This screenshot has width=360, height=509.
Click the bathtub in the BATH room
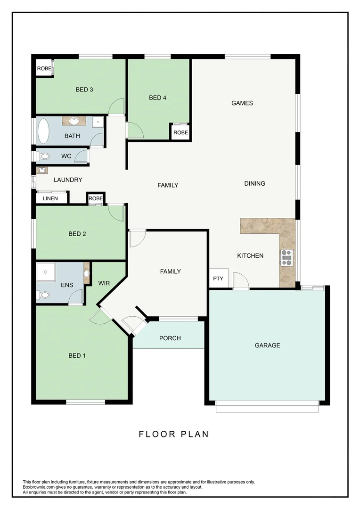(43, 131)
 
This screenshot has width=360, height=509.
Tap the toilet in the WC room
(43, 156)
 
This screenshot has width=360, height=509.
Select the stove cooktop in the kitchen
(286, 257)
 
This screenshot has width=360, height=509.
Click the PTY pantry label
(218, 279)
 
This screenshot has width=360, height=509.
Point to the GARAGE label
(267, 345)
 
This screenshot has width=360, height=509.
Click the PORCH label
(170, 338)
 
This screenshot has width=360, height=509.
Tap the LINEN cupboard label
(50, 198)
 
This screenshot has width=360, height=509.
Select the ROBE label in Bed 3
(44, 69)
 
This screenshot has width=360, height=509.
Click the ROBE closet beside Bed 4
(180, 132)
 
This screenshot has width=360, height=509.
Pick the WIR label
(104, 283)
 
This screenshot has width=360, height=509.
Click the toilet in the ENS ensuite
(43, 295)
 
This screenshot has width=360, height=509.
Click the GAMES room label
(242, 103)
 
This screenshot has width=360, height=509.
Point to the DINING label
(254, 183)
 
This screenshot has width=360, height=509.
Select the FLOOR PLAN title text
(173, 434)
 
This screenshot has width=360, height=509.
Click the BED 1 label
(77, 355)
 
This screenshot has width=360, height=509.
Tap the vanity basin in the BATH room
(74, 121)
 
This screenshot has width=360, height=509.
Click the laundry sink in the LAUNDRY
(41, 170)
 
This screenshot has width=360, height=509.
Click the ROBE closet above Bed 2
(96, 199)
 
